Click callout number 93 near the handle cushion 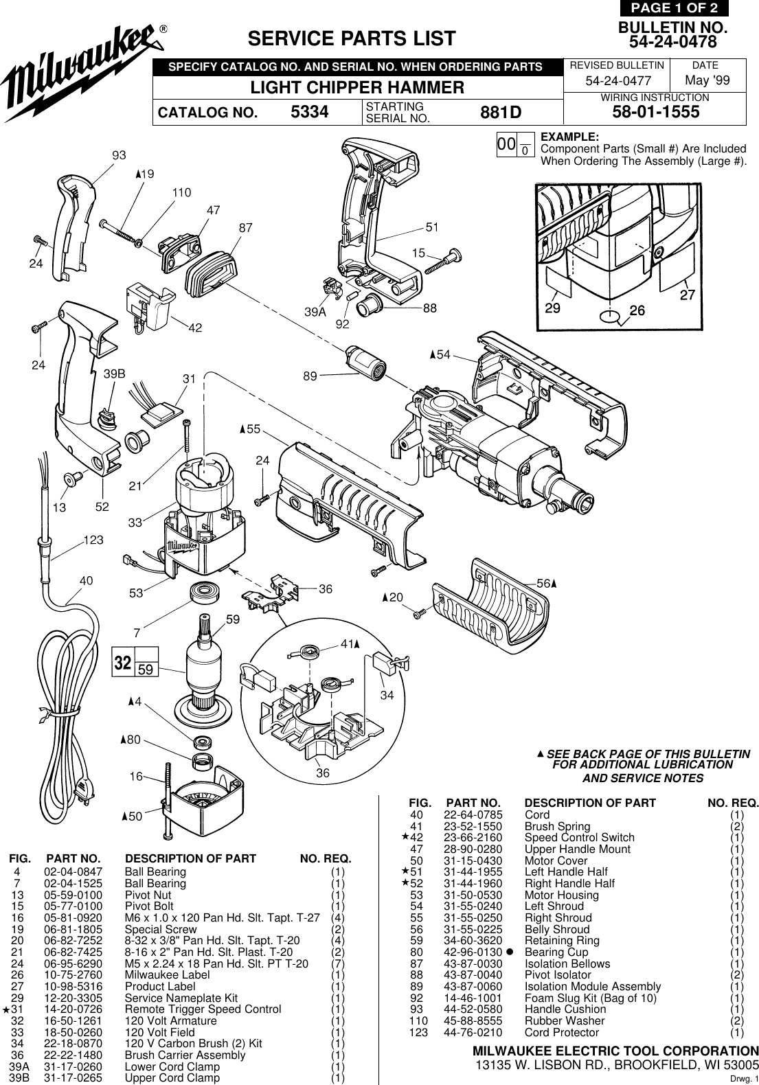pos(120,156)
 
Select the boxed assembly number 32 pos(123,663)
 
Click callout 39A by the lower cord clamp pos(315,312)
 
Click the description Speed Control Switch pos(579,838)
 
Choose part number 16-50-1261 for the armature pos(73,1021)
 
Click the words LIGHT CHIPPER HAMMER pos(357,88)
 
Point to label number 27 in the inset pos(687,295)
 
